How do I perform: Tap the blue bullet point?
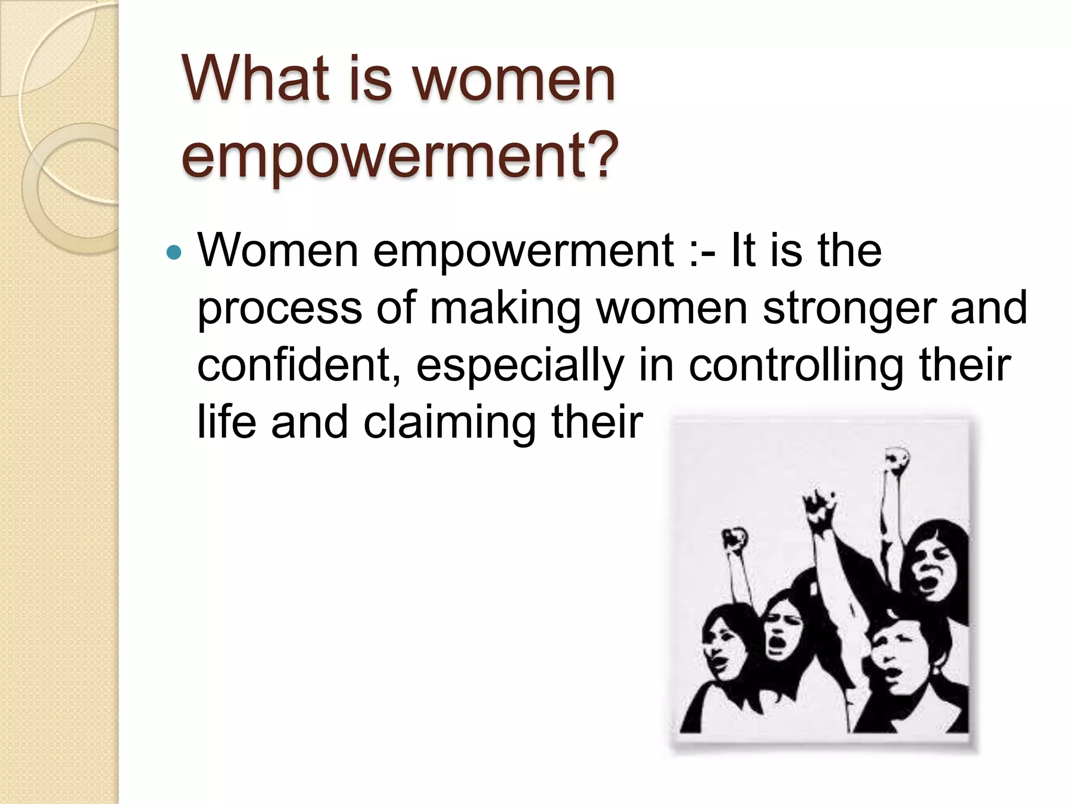[x=173, y=253]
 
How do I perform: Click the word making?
[x=505, y=308]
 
